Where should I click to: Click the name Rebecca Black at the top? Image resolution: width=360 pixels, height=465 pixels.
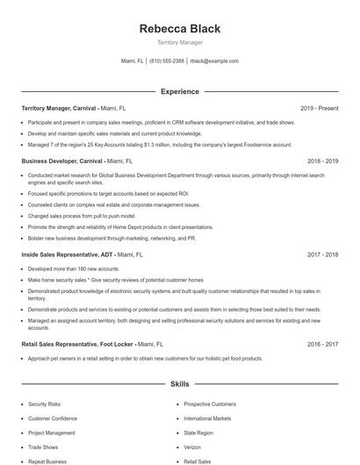(179, 29)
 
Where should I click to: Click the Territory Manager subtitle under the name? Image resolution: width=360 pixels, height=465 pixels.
(179, 42)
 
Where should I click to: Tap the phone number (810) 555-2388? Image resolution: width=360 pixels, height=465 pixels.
(167, 61)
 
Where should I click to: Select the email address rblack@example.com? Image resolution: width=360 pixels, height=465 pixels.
(215, 61)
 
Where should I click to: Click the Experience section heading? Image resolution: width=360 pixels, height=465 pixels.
(179, 91)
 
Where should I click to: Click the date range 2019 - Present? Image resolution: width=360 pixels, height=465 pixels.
(319, 108)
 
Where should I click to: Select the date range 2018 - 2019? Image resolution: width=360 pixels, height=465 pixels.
(323, 161)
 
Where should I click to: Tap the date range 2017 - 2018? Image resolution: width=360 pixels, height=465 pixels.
(323, 254)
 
